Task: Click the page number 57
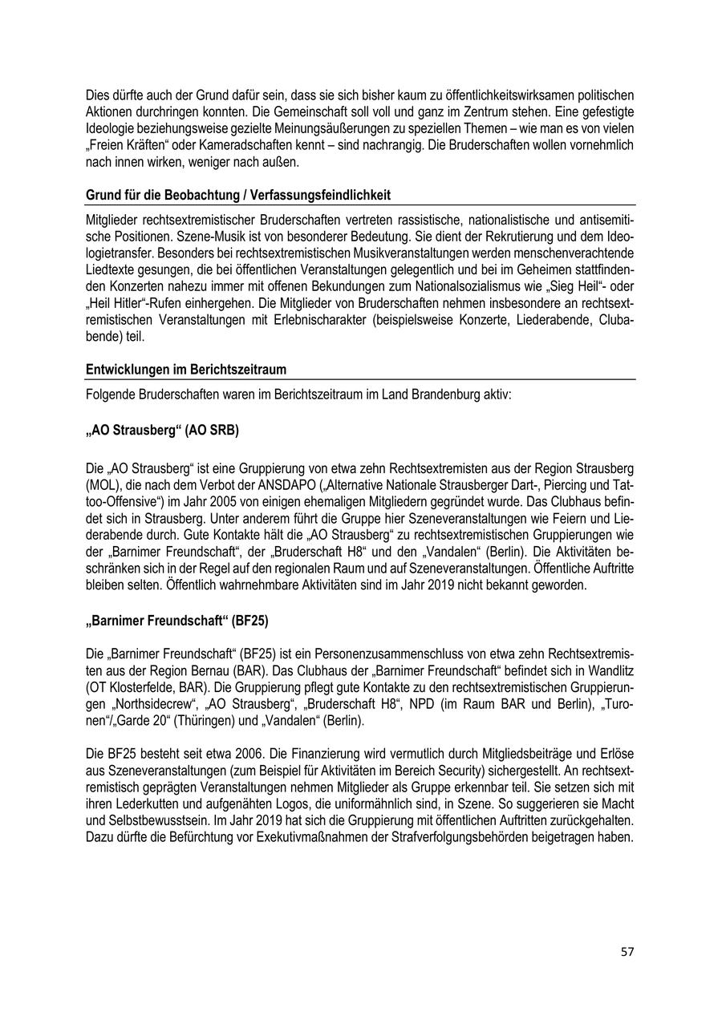pyautogui.click(x=627, y=952)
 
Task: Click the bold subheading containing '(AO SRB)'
pyautogui.click(x=162, y=430)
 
